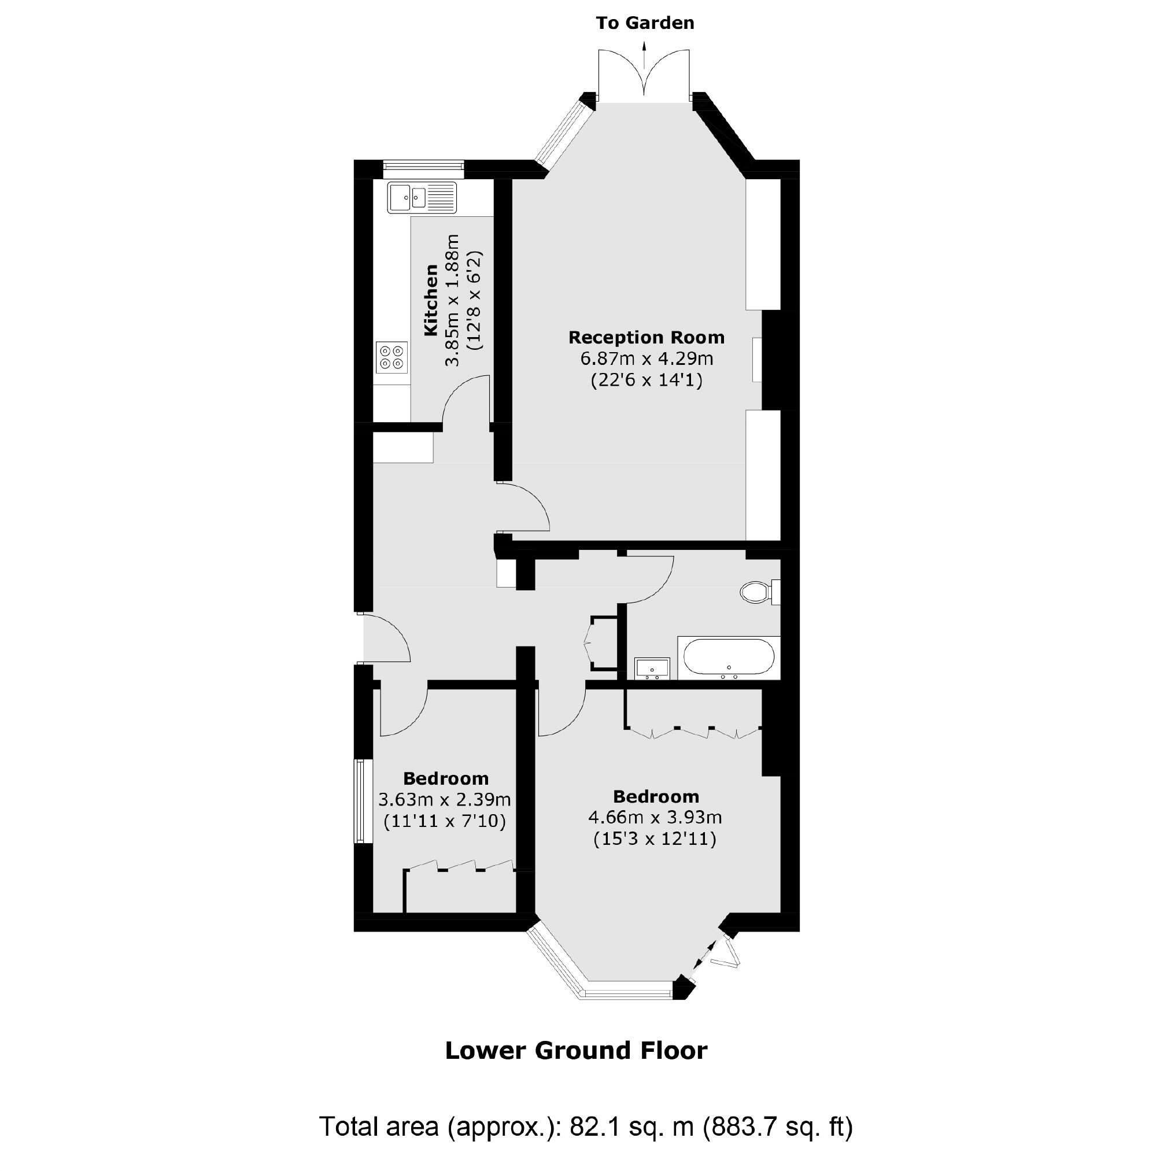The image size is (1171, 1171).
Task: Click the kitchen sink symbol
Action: coord(423,197)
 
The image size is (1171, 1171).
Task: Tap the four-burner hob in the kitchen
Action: coord(391,357)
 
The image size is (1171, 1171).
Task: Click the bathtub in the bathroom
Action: coord(729,658)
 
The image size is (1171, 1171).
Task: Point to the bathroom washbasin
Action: coord(652,668)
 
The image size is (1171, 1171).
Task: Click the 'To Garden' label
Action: coord(645,23)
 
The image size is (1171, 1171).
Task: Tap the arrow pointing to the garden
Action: coord(644,48)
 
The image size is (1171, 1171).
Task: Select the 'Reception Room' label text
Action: coord(646,337)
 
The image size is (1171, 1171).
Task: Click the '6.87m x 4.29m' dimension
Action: coord(647,359)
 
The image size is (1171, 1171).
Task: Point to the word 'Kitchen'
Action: coord(430,300)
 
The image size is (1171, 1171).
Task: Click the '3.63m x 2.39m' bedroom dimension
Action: coord(444,799)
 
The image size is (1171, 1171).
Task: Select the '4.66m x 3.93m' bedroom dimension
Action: coord(655,817)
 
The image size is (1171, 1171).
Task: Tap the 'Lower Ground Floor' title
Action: coord(576,1050)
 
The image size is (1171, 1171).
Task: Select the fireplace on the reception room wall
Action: coord(758,360)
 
